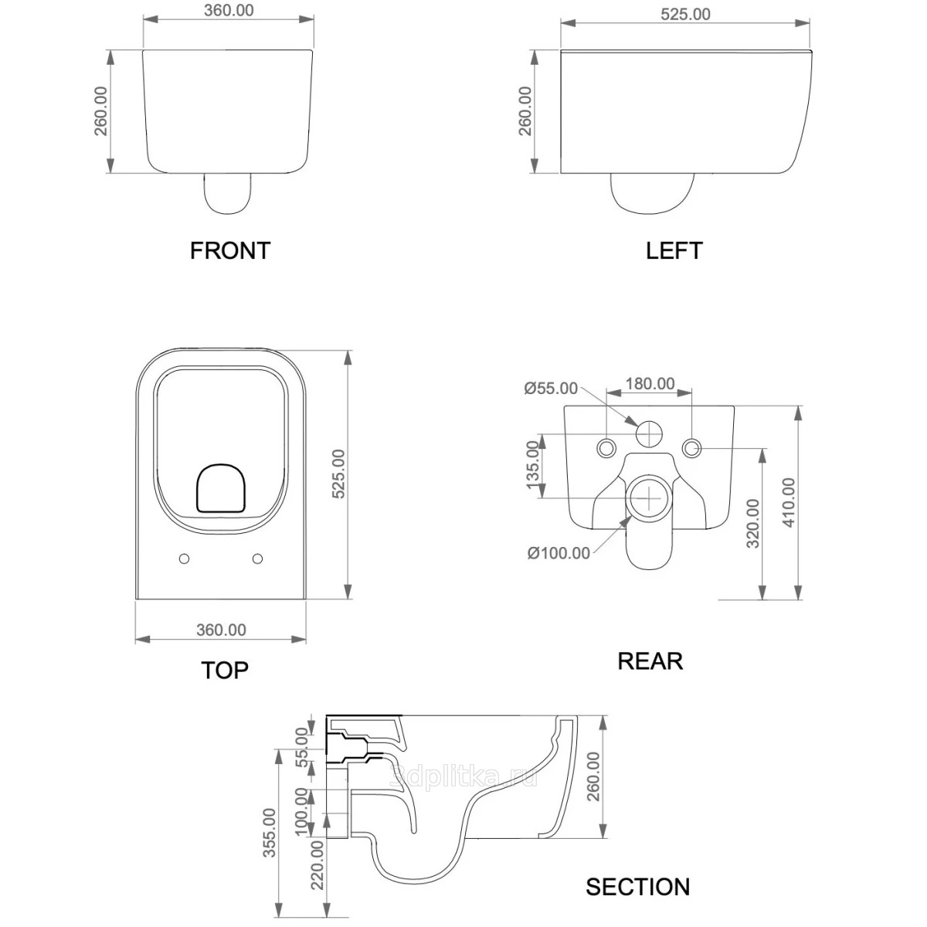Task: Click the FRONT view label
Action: [230, 250]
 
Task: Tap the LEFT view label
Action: [674, 250]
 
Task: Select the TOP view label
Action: [225, 670]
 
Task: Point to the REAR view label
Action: [650, 660]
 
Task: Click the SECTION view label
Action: [637, 886]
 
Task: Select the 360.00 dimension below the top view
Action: [221, 630]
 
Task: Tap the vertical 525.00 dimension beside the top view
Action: [338, 474]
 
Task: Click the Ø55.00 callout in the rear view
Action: [551, 388]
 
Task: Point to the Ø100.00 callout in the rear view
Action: [559, 552]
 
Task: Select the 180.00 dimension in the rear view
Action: [649, 384]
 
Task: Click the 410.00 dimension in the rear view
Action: [788, 502]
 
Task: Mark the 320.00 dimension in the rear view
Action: [753, 523]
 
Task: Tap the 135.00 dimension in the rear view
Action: [532, 465]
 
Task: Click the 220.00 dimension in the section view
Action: [317, 866]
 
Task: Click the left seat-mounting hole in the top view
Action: [184, 559]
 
